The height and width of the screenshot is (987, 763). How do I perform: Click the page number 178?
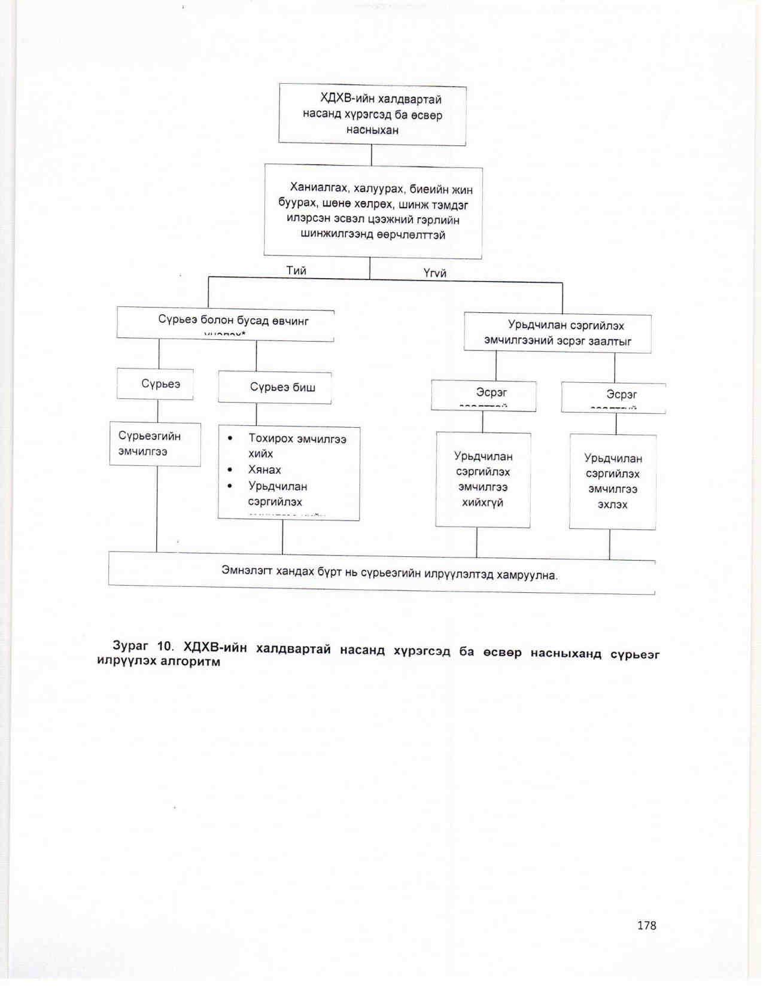646,925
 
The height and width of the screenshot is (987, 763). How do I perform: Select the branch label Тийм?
296,270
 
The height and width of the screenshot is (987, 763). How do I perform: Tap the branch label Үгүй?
435,273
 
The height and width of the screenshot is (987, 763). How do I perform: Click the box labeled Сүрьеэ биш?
275,387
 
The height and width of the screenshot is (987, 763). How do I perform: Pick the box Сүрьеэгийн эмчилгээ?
155,444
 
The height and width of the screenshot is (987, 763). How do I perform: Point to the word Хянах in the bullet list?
265,470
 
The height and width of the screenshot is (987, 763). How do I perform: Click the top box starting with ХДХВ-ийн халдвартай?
372,114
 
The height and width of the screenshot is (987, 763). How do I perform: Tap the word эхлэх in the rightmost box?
612,505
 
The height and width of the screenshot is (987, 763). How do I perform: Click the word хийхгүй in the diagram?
482,502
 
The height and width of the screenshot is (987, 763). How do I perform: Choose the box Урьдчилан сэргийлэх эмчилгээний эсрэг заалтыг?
558,333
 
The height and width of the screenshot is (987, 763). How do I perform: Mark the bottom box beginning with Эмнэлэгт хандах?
382,574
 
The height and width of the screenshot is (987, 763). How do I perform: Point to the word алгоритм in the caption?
190,662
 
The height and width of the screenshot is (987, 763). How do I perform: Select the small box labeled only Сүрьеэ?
156,384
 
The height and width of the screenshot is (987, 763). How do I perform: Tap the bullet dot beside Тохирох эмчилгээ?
230,438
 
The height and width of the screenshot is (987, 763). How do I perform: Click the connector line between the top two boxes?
372,155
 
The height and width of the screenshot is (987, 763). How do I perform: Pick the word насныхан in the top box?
372,130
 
